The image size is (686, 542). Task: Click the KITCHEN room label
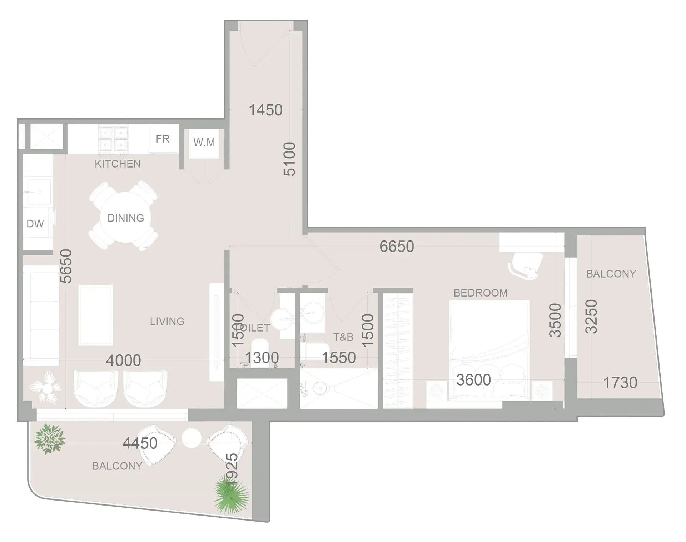click(118, 164)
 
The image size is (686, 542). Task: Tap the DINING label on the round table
click(126, 218)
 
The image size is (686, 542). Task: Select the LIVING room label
click(167, 322)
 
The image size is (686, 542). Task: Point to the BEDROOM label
click(481, 293)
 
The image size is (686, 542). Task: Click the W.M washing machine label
click(204, 142)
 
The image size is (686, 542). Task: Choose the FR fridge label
click(163, 139)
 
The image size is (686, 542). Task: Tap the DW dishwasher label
click(35, 224)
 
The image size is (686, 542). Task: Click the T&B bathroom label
click(343, 337)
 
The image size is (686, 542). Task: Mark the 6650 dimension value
click(397, 247)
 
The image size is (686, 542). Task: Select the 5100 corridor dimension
click(290, 159)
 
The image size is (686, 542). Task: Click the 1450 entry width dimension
click(265, 110)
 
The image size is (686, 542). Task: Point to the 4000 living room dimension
click(123, 360)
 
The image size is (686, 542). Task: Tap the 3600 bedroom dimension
click(473, 380)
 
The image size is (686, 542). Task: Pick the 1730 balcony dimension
click(620, 383)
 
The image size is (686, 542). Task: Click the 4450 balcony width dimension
click(140, 443)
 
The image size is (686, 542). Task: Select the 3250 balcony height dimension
click(591, 317)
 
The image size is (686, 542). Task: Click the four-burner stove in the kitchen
click(113, 139)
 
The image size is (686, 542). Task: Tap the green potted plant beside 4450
click(50, 439)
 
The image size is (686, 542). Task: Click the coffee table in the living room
click(96, 315)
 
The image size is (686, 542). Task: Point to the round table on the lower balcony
click(192, 438)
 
